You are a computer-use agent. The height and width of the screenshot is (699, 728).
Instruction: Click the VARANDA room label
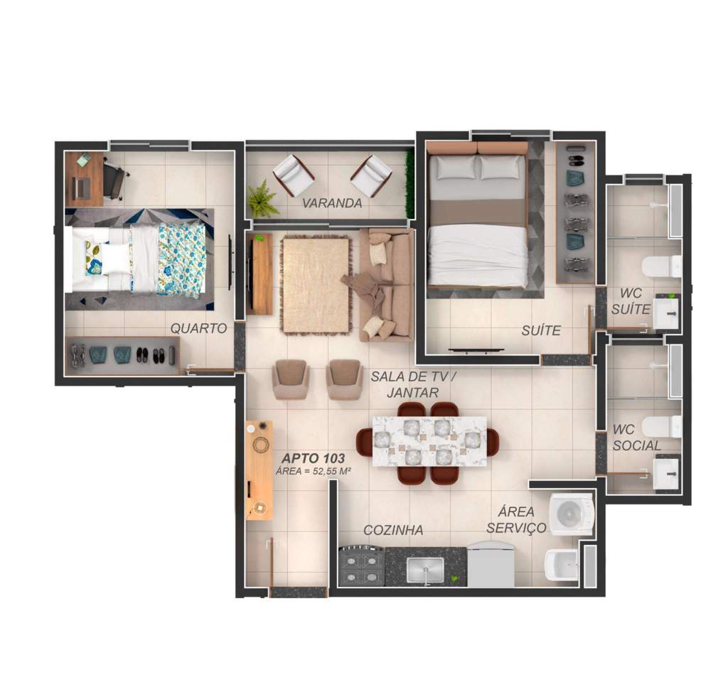coord(332,203)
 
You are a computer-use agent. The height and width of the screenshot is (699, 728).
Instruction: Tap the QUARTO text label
coord(199,328)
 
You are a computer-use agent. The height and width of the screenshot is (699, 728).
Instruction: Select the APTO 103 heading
coord(314,458)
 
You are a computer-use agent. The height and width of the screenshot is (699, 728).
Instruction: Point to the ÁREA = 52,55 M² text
coord(313,471)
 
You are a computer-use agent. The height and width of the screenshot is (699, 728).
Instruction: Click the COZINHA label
coord(393,530)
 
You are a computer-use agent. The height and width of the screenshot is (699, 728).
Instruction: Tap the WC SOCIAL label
coord(636,438)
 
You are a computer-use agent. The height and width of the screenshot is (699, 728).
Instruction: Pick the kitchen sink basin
coord(425,570)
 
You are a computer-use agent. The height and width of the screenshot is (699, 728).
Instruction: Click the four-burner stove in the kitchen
coord(362,567)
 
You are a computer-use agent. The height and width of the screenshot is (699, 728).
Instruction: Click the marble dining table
coord(429,442)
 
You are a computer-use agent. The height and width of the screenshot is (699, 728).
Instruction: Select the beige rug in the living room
coord(315,285)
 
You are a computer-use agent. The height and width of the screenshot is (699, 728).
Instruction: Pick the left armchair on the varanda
coord(294,175)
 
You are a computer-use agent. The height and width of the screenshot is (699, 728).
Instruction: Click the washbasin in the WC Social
coord(666,472)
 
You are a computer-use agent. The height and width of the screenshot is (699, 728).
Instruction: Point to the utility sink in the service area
coord(562,565)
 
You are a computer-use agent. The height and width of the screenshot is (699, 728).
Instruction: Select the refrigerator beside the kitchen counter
coord(491,565)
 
